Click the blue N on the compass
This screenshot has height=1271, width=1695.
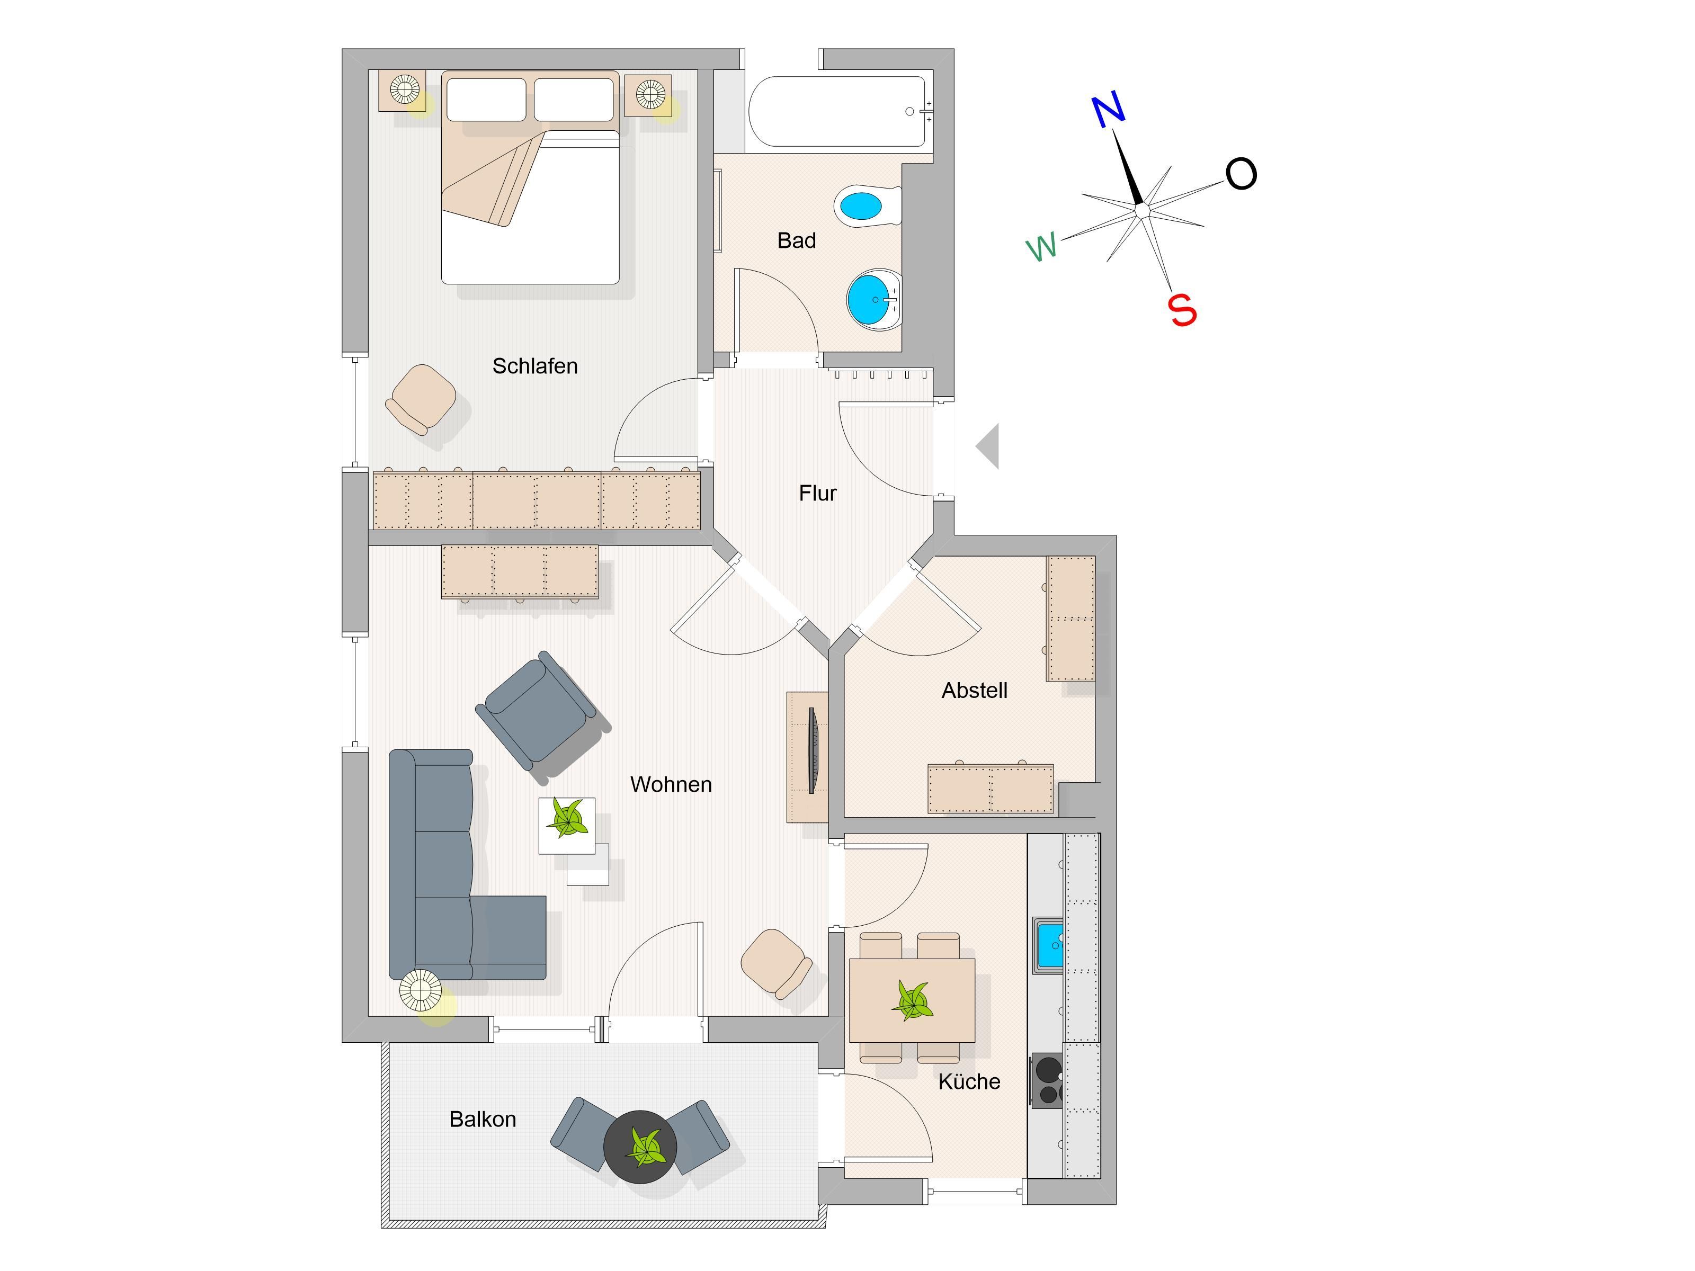1109,110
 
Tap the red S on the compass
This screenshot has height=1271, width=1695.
1182,309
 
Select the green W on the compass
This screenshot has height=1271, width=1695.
1042,247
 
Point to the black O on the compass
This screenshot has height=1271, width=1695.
1241,174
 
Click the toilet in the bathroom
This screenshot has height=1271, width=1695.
867,205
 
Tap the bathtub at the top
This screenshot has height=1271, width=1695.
840,111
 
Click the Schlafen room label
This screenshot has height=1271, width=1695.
535,366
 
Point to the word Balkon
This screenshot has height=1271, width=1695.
483,1120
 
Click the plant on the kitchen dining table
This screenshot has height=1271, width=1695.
912,1000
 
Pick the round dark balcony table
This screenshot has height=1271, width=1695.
640,1147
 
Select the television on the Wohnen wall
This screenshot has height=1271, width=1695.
813,750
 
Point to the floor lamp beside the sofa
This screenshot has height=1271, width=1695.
420,991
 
